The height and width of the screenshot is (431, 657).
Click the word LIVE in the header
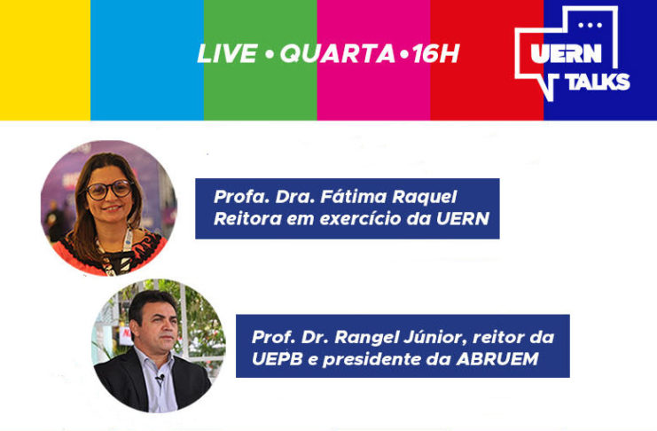(x=227, y=54)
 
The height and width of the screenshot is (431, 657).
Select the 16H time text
(x=435, y=54)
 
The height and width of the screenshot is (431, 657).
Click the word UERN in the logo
(x=566, y=53)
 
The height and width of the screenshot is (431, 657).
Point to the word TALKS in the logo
(x=598, y=82)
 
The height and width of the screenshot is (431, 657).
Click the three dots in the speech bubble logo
(x=590, y=25)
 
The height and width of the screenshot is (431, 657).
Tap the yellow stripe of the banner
(x=45, y=60)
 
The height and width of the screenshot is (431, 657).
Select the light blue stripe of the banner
(x=147, y=60)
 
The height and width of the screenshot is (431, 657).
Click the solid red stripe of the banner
(x=486, y=60)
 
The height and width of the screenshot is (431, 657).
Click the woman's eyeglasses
(x=109, y=190)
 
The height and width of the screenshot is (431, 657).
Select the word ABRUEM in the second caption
(x=497, y=359)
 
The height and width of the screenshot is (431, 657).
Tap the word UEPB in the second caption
(x=277, y=359)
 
